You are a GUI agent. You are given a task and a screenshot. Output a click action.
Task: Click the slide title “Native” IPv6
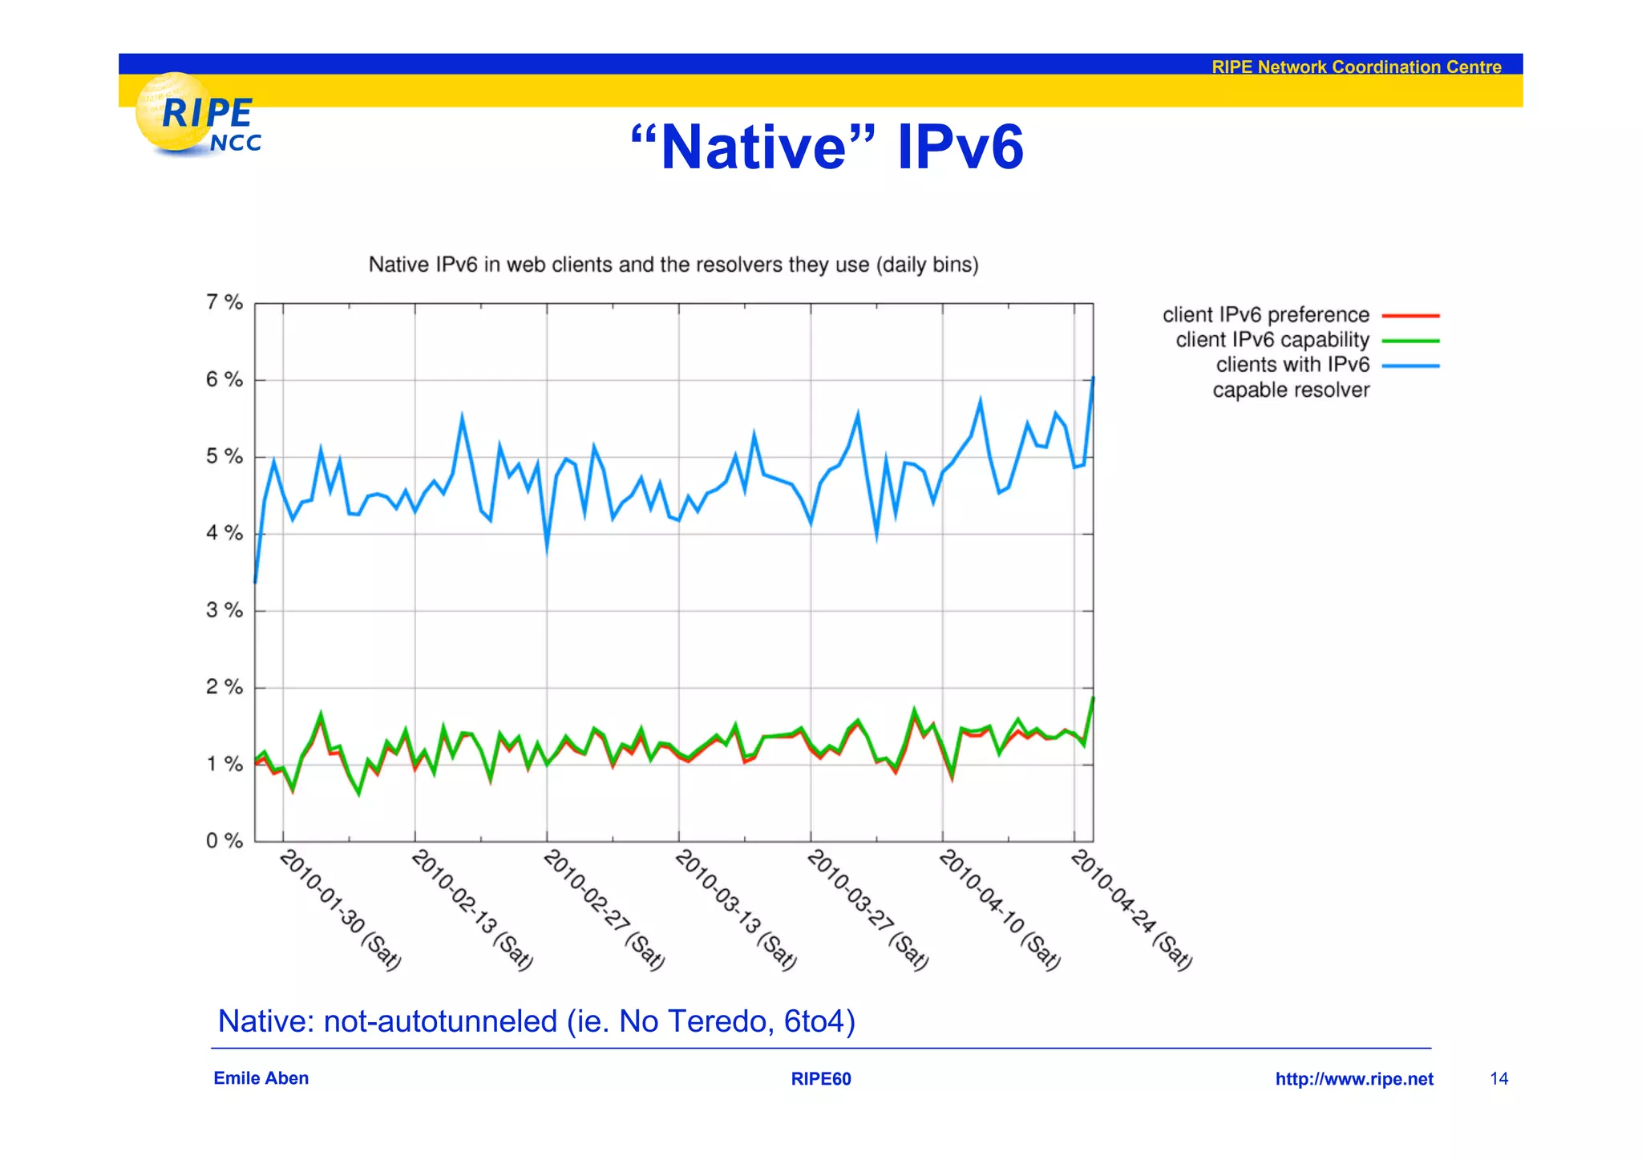(827, 148)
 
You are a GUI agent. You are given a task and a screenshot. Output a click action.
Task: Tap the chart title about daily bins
(673, 265)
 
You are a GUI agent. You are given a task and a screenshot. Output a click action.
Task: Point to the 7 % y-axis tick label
(224, 302)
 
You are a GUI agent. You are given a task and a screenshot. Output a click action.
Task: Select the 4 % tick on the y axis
(224, 533)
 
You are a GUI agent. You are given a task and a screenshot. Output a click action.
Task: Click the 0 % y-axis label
(224, 841)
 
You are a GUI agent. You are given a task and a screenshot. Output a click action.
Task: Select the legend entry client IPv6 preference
(1265, 315)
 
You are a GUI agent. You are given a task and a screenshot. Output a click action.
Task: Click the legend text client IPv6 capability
(1272, 340)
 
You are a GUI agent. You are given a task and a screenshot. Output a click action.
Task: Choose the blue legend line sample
(1410, 366)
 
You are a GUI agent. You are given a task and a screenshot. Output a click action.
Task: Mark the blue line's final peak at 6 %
(1093, 378)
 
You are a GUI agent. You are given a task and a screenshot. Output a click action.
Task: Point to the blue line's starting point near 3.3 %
(255, 582)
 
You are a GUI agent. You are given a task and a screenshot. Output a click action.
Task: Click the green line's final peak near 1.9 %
(1093, 698)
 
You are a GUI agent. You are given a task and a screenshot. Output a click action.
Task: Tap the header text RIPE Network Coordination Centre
(1356, 67)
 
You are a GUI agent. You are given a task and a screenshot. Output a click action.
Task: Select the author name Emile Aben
(261, 1078)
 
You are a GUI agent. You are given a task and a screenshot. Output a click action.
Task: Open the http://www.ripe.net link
(1353, 1079)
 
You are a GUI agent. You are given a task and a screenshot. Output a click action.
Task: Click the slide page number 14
(1498, 1079)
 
